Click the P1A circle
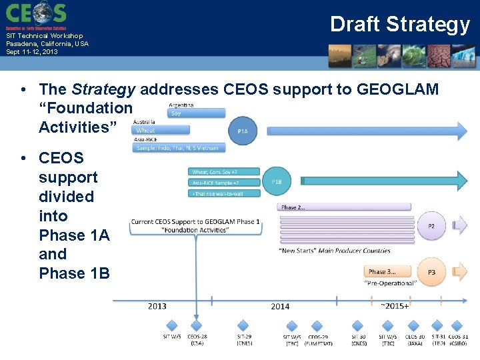coord(243,131)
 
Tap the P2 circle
coord(431,226)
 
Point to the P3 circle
coord(431,272)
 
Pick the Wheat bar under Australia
coord(161,131)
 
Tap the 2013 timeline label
coord(157,307)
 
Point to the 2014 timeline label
coord(280,307)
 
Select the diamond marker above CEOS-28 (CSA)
coord(197,325)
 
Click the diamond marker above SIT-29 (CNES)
coord(244,325)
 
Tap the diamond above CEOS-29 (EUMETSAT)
coord(317,325)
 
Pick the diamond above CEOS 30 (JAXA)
coord(415,325)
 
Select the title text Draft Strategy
coord(400,24)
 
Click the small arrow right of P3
coord(460,272)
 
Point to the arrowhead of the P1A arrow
coord(461,131)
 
